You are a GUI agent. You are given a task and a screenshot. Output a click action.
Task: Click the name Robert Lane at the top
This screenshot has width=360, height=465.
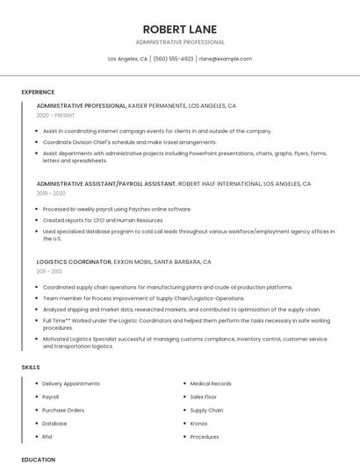tap(179, 29)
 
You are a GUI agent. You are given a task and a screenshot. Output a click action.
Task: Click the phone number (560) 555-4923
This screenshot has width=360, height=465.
tap(173, 59)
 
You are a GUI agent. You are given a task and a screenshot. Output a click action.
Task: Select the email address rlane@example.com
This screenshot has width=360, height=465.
tap(225, 59)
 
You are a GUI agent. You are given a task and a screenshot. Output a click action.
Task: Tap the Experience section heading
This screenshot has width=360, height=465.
tap(38, 92)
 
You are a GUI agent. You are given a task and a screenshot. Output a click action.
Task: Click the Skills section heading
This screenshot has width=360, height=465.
tap(31, 368)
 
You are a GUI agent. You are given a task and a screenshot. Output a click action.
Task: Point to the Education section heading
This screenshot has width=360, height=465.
tap(38, 459)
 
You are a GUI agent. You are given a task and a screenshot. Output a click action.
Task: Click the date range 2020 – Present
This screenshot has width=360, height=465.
tap(54, 115)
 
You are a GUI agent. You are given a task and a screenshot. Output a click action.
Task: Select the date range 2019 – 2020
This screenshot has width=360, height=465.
tap(51, 193)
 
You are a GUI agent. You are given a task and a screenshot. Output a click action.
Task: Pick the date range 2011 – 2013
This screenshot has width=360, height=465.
tap(49, 271)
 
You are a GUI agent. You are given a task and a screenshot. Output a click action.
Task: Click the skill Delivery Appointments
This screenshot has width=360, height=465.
tap(71, 383)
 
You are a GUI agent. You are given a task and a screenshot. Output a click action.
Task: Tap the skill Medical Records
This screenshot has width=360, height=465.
tap(211, 383)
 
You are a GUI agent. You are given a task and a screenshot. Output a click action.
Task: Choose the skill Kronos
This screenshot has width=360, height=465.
tap(200, 423)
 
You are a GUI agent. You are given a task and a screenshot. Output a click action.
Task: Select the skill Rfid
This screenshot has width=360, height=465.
tap(47, 436)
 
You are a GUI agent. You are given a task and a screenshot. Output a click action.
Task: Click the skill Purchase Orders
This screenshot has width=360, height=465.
tap(63, 410)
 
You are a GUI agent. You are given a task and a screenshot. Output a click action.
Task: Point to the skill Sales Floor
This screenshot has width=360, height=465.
tap(204, 397)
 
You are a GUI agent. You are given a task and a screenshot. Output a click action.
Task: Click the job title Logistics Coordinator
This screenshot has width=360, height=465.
tap(74, 261)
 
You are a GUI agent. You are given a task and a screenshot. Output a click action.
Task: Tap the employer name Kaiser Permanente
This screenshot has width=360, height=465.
tap(157, 105)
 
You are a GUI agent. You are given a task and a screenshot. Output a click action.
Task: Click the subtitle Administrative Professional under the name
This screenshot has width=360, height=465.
tap(180, 42)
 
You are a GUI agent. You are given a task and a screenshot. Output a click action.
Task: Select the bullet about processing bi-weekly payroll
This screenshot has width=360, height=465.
tap(117, 209)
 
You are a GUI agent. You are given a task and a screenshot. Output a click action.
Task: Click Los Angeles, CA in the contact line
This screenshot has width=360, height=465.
tap(127, 59)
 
